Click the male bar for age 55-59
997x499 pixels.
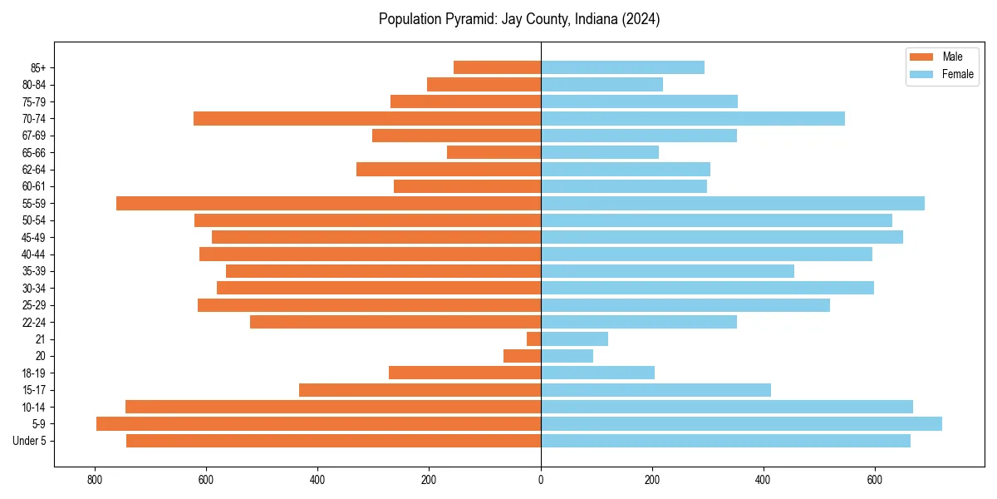pyautogui.click(x=328, y=203)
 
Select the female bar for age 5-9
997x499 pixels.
pyautogui.click(x=741, y=424)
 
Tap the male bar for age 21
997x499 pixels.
pyautogui.click(x=533, y=339)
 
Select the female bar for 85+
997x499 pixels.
pyautogui.click(x=622, y=67)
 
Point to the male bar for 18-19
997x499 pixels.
pyautogui.click(x=464, y=373)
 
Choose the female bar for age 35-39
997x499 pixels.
pyautogui.click(x=667, y=271)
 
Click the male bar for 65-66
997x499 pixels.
pyautogui.click(x=494, y=152)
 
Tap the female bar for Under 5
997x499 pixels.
pyautogui.click(x=725, y=441)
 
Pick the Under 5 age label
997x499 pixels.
pyautogui.click(x=30, y=441)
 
